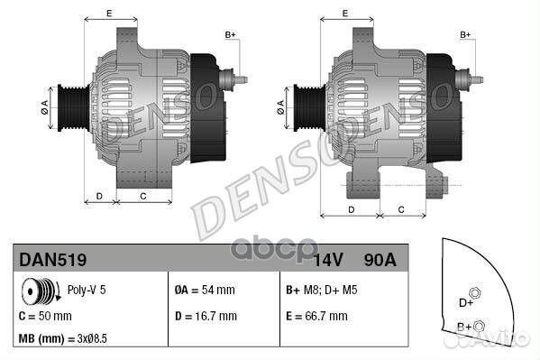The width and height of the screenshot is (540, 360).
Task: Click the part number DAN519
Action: [x=53, y=260]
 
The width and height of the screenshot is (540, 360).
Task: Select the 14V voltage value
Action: [x=329, y=260]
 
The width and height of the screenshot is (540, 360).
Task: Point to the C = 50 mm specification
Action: [x=45, y=316]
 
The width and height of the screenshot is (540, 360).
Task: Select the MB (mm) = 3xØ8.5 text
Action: [x=64, y=340]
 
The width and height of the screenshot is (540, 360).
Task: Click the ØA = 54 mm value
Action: [x=205, y=291]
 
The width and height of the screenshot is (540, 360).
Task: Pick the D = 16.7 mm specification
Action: [x=206, y=316]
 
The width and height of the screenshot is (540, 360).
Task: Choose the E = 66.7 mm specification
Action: [x=322, y=316]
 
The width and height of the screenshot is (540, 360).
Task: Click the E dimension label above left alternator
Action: [x=109, y=13]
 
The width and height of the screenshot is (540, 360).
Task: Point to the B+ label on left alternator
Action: [x=230, y=34]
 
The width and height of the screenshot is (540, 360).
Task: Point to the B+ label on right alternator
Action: [x=466, y=34]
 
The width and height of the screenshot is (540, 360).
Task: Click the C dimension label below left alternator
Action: [x=143, y=195]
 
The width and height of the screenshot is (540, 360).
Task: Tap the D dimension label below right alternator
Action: [x=352, y=209]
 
